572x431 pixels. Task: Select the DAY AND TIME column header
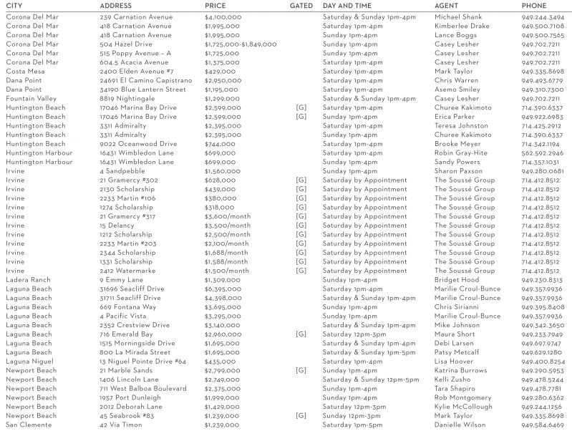tap(347, 6)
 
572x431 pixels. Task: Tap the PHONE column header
tap(533, 6)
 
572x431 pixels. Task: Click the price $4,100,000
tap(223, 17)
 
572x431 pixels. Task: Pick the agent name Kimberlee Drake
tap(462, 26)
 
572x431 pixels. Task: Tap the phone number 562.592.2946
tap(542, 153)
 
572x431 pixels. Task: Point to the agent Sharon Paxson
tap(458, 171)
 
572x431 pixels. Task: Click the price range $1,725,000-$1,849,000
tap(241, 44)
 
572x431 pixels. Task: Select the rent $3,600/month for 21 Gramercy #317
tap(228, 216)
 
